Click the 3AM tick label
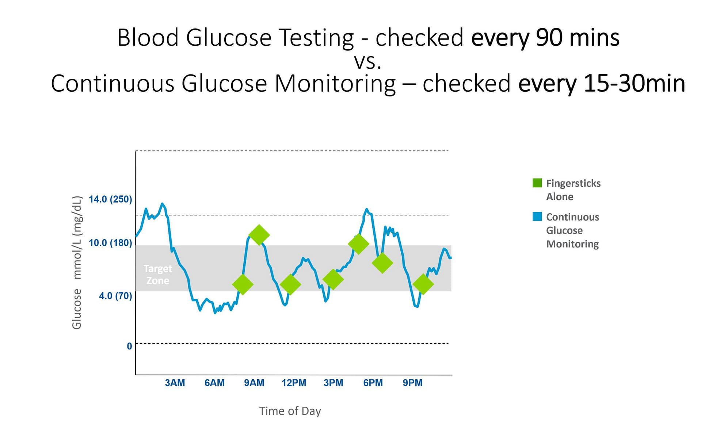[x=175, y=383]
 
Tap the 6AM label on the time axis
[x=214, y=383]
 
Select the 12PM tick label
[x=294, y=383]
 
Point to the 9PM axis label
[x=412, y=383]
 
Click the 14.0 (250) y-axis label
[x=110, y=199]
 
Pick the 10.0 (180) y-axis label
[x=110, y=243]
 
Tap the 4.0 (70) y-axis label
[x=115, y=296]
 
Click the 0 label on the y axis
[x=129, y=346]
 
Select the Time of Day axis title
[x=290, y=411]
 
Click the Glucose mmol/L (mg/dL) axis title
[x=77, y=263]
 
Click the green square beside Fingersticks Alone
[x=537, y=183]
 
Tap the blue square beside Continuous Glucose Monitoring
[x=537, y=217]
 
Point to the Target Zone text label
[x=157, y=275]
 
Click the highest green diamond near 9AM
[x=259, y=235]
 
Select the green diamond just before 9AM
[x=243, y=284]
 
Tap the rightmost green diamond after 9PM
[x=423, y=284]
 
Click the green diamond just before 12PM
[x=290, y=284]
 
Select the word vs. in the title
[x=368, y=61]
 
